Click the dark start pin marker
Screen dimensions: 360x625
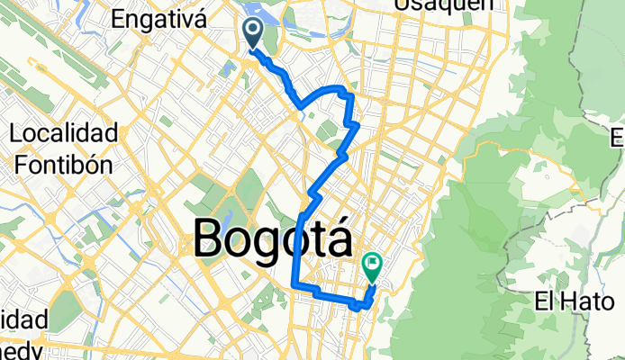pyautogui.click(x=252, y=34)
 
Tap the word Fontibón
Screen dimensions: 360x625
pyautogui.click(x=64, y=164)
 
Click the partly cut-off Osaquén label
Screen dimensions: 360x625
pyautogui.click(x=444, y=4)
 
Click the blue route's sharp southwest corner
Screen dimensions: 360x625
pyautogui.click(x=295, y=285)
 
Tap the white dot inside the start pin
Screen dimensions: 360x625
pyautogui.click(x=252, y=30)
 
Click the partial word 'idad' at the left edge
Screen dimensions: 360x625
pyautogui.click(x=18, y=320)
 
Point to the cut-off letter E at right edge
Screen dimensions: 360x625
pyautogui.click(x=618, y=139)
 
